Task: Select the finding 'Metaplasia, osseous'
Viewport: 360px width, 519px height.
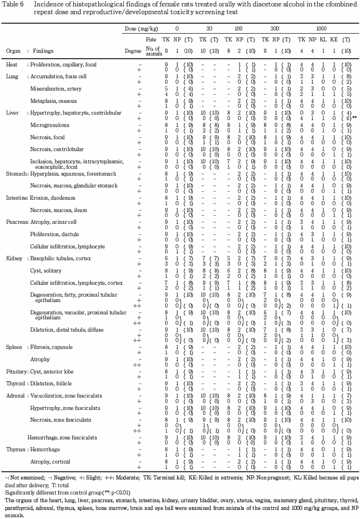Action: point(53,101)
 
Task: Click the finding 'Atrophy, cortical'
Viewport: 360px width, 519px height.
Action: point(49,461)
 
